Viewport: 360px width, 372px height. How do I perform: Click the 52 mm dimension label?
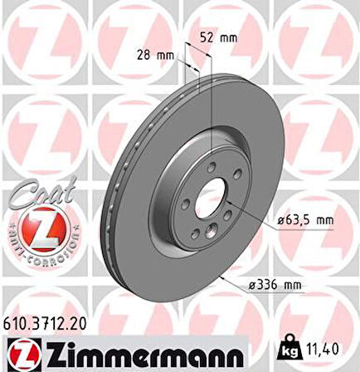(219, 37)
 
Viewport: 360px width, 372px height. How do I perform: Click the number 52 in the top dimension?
(208, 37)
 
